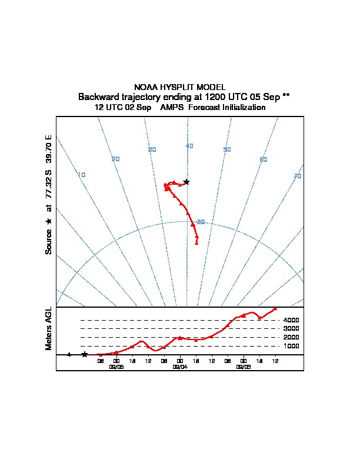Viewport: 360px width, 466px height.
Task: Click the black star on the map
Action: pos(186,182)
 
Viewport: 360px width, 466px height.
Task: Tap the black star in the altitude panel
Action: pos(85,354)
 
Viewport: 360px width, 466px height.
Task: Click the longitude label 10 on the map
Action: pos(82,175)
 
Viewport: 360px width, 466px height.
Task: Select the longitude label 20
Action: pos(116,159)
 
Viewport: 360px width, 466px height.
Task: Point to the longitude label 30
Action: pos(152,149)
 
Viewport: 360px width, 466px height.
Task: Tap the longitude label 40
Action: pos(189,146)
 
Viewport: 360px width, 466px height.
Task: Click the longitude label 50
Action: pos(227,149)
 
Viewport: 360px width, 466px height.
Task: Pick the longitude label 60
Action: pos(264,159)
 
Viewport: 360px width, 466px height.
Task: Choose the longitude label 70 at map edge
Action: pos(298,176)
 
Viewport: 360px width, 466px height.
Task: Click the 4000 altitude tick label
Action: pos(291,320)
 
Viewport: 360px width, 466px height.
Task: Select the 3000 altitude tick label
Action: pos(291,329)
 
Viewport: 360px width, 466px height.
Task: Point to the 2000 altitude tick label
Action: pos(291,338)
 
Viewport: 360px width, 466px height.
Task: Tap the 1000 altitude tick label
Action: pos(291,346)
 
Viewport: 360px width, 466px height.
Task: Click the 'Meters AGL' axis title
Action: pos(49,328)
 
